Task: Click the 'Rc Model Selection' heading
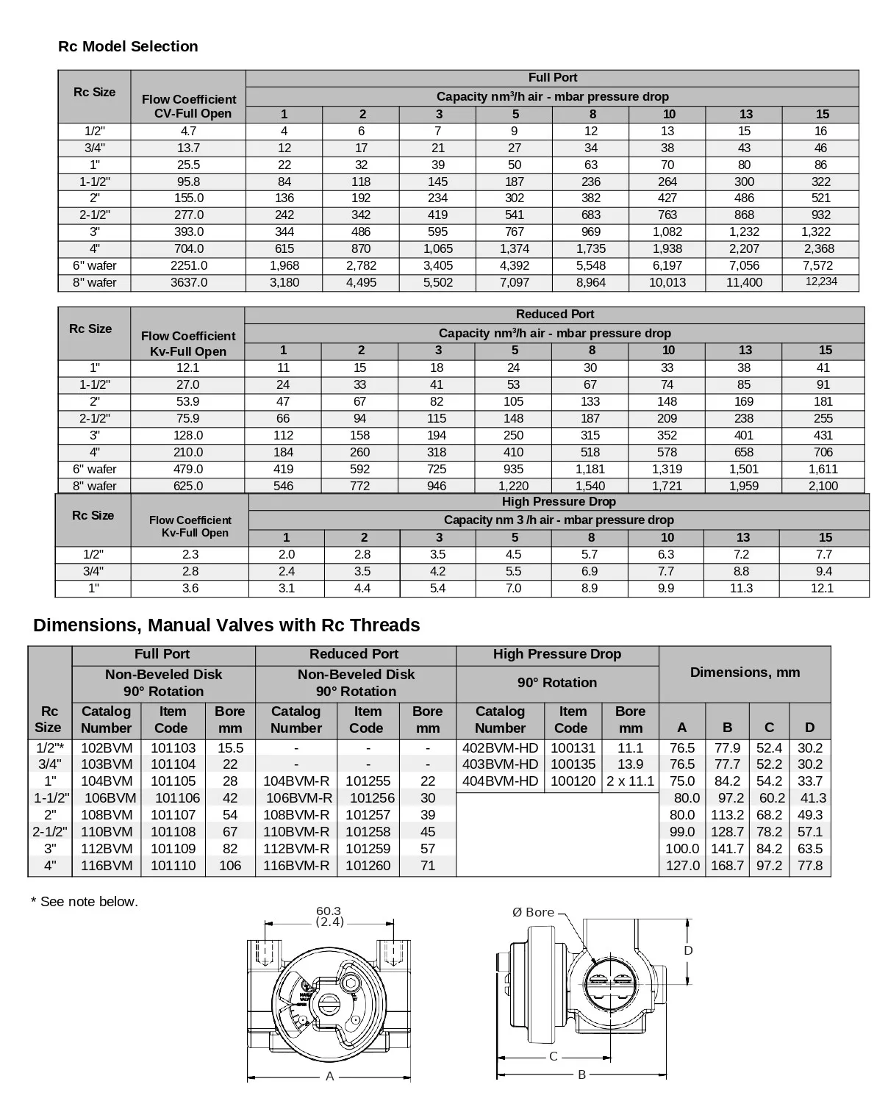point(128,46)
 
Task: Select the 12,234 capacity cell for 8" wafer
point(820,281)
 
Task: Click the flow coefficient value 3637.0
point(189,282)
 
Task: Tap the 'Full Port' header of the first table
point(552,78)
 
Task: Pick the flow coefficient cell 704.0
point(189,248)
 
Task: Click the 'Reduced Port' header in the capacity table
point(554,315)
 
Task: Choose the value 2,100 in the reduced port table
point(823,486)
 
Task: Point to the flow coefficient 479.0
point(188,469)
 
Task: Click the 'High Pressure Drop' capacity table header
point(559,502)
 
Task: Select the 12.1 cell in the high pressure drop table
point(822,588)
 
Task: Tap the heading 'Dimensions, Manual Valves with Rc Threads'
point(226,625)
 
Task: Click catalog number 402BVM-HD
point(500,747)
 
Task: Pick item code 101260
point(368,866)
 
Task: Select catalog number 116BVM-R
point(296,866)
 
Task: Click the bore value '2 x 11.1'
point(630,781)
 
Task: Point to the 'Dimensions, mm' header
point(745,672)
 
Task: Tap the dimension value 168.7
point(727,866)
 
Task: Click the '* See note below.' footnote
point(85,902)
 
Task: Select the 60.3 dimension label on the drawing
point(328,911)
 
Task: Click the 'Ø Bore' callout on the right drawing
point(533,912)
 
